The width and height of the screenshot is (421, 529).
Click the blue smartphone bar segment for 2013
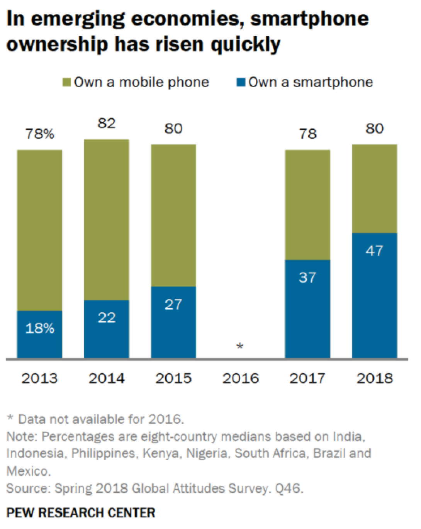pyautogui.click(x=40, y=334)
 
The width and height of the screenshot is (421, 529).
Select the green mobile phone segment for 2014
pyautogui.click(x=107, y=219)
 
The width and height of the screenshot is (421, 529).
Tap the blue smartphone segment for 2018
pyautogui.click(x=374, y=295)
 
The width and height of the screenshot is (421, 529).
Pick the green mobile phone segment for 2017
pyautogui.click(x=307, y=205)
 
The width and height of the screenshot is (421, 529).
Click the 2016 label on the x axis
pyautogui.click(x=241, y=378)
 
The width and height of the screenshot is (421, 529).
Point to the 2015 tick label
pyautogui.click(x=173, y=378)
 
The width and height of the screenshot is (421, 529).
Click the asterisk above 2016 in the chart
pyautogui.click(x=240, y=346)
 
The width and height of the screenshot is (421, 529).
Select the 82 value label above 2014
pyautogui.click(x=107, y=124)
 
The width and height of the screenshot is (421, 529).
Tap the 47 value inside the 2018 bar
pyautogui.click(x=374, y=251)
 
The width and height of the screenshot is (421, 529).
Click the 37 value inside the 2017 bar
pyautogui.click(x=307, y=277)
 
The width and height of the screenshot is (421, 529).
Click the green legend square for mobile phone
pyautogui.click(x=67, y=83)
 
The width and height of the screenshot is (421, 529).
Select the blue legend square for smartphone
pyautogui.click(x=242, y=83)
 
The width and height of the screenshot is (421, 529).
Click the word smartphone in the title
pyautogui.click(x=309, y=19)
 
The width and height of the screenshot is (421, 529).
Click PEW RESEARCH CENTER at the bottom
pyautogui.click(x=81, y=513)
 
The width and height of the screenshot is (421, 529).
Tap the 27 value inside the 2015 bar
pyautogui.click(x=173, y=304)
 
